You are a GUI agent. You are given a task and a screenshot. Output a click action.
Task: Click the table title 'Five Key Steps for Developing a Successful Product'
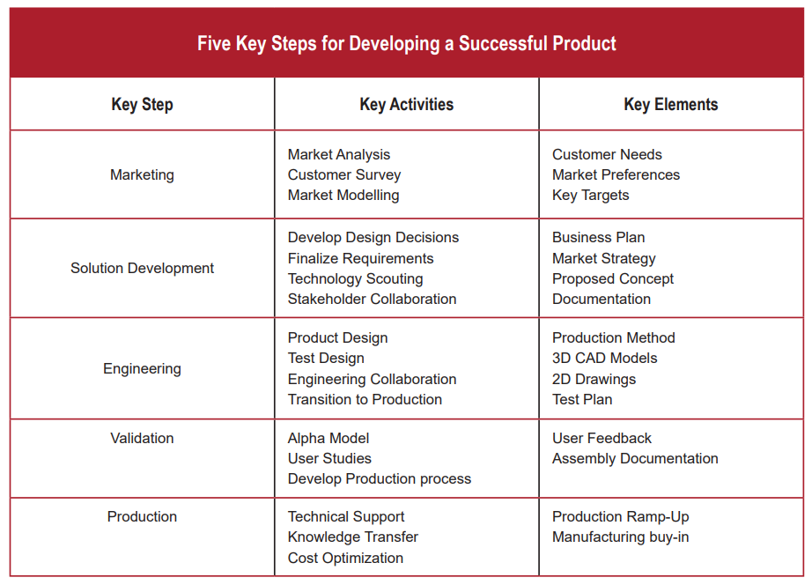pyautogui.click(x=406, y=43)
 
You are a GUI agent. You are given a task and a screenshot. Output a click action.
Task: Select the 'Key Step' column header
pyautogui.click(x=142, y=104)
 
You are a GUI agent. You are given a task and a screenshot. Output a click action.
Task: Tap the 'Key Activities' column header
pyautogui.click(x=406, y=104)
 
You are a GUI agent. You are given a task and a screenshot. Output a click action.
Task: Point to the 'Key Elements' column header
pyautogui.click(x=670, y=104)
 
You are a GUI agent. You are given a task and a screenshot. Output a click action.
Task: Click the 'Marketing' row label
pyautogui.click(x=142, y=174)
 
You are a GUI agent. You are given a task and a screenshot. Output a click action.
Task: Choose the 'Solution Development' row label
pyautogui.click(x=142, y=268)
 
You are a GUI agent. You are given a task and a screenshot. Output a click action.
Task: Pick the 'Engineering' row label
pyautogui.click(x=142, y=368)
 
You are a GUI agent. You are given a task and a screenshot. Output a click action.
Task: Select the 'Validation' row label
pyautogui.click(x=142, y=438)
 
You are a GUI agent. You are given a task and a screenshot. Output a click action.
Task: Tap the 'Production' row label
pyautogui.click(x=142, y=516)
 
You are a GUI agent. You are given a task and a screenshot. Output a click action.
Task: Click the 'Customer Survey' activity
pyautogui.click(x=344, y=174)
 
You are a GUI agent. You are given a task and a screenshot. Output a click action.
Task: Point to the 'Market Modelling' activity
pyautogui.click(x=343, y=195)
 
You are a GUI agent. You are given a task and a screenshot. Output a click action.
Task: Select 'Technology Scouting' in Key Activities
pyautogui.click(x=355, y=278)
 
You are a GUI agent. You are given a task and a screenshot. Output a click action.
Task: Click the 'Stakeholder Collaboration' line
pyautogui.click(x=372, y=299)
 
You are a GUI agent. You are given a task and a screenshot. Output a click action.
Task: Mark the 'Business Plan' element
pyautogui.click(x=598, y=237)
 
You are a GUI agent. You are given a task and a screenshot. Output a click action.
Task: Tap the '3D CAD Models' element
pyautogui.click(x=604, y=358)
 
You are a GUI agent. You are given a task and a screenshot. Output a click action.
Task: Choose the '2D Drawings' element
pyautogui.click(x=594, y=379)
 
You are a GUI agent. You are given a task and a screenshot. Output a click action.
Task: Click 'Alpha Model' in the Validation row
pyautogui.click(x=328, y=438)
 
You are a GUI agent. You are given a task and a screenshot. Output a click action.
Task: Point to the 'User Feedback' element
pyautogui.click(x=602, y=438)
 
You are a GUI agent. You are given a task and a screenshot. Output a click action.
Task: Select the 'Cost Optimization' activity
pyautogui.click(x=345, y=558)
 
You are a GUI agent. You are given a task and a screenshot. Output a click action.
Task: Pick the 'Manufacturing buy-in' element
pyautogui.click(x=620, y=537)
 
